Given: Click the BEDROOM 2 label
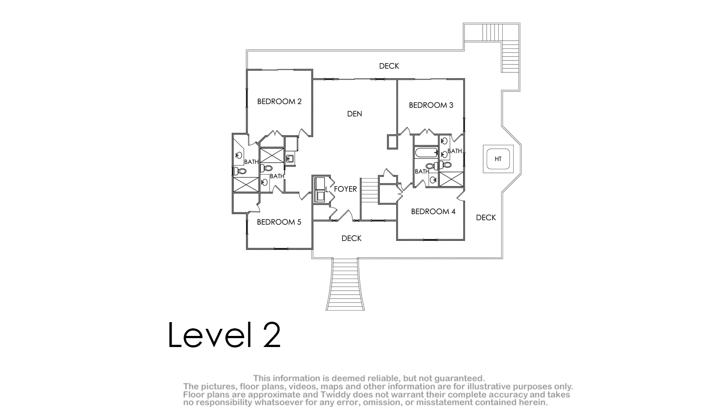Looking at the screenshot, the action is pos(279,101).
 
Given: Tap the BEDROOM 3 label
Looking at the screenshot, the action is pos(431,105).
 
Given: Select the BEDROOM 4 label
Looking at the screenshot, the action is pos(433,211).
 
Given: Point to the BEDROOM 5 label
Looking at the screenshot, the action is pos(279,222).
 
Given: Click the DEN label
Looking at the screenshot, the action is pos(354,114).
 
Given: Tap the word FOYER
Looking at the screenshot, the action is pos(345,189).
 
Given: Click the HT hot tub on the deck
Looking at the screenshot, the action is pos(498,159).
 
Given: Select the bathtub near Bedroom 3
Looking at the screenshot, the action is pos(426,152).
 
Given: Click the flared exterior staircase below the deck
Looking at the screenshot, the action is pos(345,284).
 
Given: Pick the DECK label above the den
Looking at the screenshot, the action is pos(389,66).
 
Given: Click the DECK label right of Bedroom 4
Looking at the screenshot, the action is pos(486,218).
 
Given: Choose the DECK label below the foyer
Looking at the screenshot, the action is pos(351,238).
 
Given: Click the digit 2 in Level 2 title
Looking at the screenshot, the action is pos(272,335).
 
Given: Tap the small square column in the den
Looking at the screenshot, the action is pos(392,141).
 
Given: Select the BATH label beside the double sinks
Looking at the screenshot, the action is pos(455,151).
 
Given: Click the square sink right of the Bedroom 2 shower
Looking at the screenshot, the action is pos(290,158).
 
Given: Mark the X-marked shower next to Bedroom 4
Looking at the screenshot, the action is pos(451,179).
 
